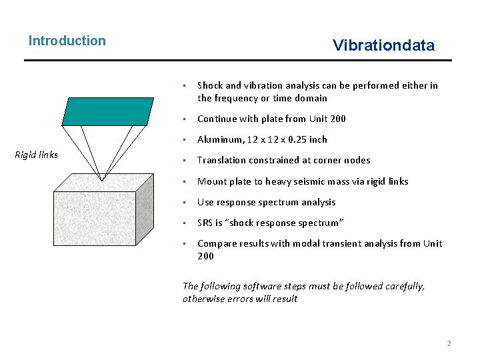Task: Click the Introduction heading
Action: point(67,41)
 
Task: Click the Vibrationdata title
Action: point(383,45)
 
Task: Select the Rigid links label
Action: point(36,155)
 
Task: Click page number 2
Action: point(449,343)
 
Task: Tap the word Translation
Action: point(221,160)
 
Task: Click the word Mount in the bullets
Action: point(211,181)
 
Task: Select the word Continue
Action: point(217,119)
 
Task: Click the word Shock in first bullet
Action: point(210,85)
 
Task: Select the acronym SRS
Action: point(205,223)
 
